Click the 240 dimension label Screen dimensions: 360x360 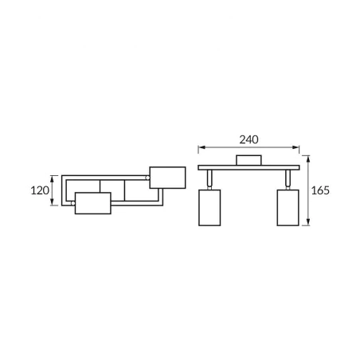click(x=248, y=139)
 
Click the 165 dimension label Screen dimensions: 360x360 click(x=320, y=190)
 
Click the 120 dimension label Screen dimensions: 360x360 click(x=40, y=190)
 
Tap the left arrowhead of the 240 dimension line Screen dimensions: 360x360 click(x=202, y=147)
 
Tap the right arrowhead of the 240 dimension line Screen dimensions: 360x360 click(x=295, y=147)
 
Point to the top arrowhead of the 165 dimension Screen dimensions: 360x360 click(x=308, y=158)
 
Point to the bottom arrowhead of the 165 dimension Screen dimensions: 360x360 click(x=308, y=222)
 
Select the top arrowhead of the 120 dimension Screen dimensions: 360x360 click(x=53, y=179)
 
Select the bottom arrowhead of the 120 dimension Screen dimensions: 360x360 click(x=53, y=202)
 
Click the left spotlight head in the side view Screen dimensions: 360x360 click(x=209, y=208)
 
